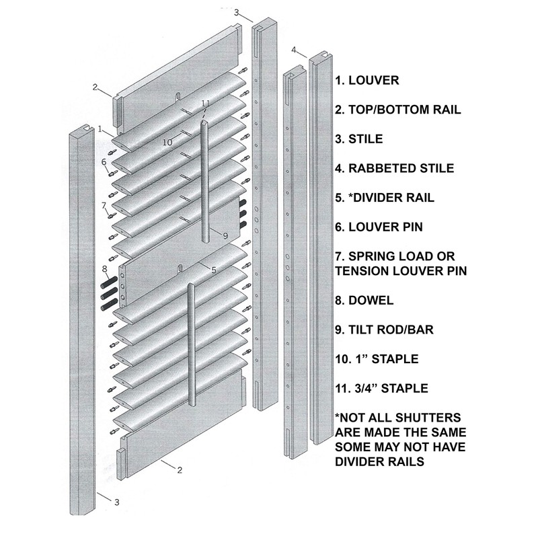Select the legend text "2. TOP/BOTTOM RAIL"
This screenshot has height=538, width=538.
click(397, 110)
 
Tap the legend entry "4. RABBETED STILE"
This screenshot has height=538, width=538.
click(393, 168)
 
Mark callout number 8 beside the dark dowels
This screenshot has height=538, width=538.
click(104, 270)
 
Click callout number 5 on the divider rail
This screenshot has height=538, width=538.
click(213, 270)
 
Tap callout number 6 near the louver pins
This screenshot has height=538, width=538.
click(104, 161)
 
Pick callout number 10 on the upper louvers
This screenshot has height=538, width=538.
click(167, 142)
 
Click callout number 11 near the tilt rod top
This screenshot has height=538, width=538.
click(206, 102)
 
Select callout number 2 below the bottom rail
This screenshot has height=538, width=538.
click(180, 470)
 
